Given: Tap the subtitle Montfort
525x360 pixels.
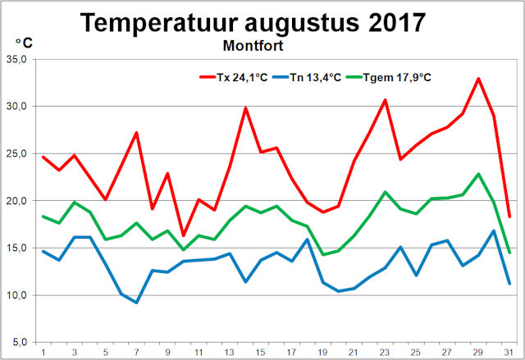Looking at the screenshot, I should (x=262, y=47).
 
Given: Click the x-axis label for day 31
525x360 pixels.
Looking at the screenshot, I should (x=509, y=353).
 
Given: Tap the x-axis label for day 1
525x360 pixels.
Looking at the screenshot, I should (x=43, y=353).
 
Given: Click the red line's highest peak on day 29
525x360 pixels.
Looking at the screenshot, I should (x=478, y=79).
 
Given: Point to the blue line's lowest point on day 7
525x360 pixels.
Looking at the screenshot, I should (x=136, y=303).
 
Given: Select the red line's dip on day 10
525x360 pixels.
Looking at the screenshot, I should (x=183, y=235).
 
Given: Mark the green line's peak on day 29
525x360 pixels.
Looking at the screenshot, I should (x=478, y=174).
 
